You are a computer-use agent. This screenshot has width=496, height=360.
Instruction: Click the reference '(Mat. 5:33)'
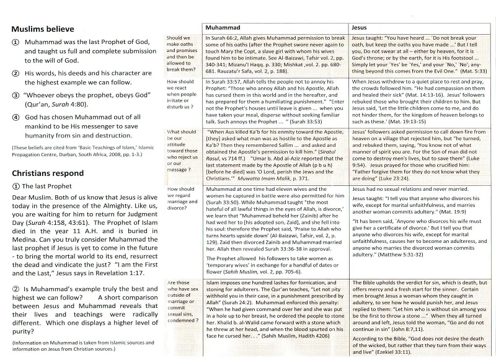pyautogui.click(x=469, y=72)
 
